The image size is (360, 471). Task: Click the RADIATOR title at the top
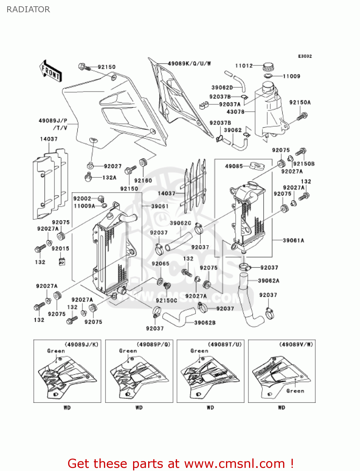(28, 9)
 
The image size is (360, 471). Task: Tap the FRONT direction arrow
(50, 71)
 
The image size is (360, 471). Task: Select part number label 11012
(244, 66)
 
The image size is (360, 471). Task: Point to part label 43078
(235, 111)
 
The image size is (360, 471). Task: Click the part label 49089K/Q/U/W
(189, 63)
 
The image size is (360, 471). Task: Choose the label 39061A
(293, 240)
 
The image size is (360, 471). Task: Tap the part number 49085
(234, 166)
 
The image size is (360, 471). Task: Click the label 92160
(143, 181)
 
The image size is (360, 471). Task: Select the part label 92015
(60, 248)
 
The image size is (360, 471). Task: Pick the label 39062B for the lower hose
(205, 322)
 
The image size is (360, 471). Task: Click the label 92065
(160, 263)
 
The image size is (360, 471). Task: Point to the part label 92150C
(166, 300)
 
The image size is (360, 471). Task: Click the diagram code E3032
(305, 56)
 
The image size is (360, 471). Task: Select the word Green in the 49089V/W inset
(295, 391)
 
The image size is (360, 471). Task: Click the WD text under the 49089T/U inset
(210, 408)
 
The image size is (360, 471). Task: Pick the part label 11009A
(84, 206)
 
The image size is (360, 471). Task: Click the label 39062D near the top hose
(222, 88)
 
